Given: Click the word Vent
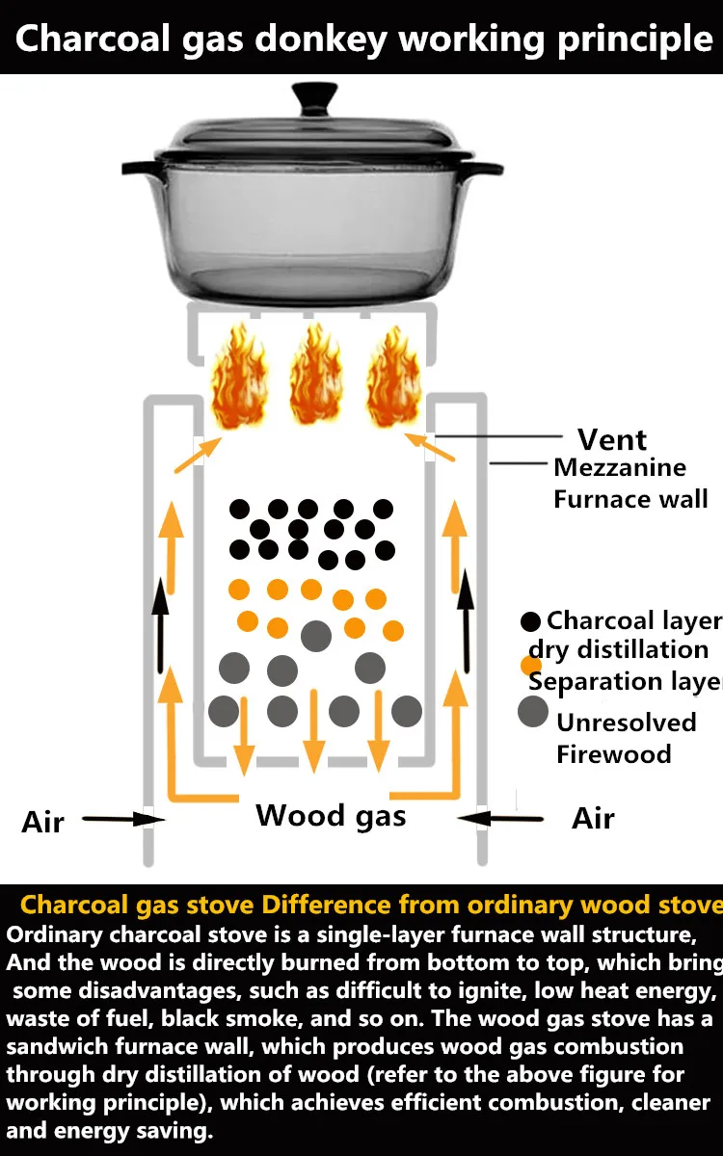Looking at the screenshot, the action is tap(612, 439).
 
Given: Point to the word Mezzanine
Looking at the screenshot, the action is tap(620, 468).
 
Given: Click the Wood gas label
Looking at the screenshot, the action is tap(331, 817).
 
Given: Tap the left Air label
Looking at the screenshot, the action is tap(42, 823).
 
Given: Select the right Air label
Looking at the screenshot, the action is tap(593, 819).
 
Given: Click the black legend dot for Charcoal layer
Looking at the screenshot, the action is tap(531, 622).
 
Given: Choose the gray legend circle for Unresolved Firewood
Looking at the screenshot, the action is tap(533, 711).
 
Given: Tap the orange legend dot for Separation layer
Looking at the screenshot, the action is tap(531, 665).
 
